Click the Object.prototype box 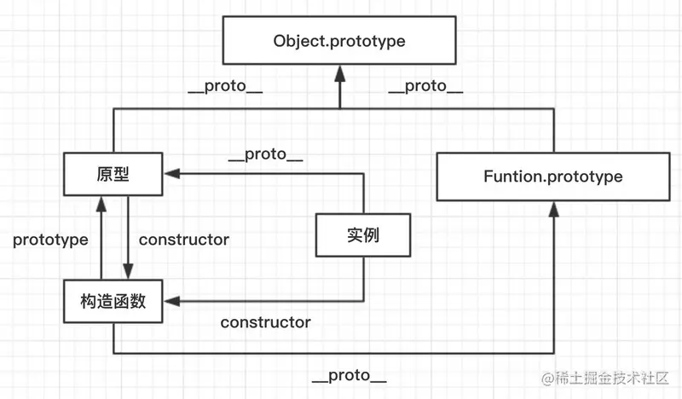[339, 42]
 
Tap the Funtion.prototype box [553, 177]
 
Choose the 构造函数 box [113, 302]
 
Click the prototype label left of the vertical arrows [50, 240]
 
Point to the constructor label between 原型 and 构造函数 [183, 240]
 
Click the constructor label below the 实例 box [265, 322]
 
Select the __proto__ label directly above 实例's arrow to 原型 [266, 155]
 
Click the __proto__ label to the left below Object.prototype [224, 87]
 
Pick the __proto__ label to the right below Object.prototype [425, 87]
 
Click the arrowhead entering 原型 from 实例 [170, 174]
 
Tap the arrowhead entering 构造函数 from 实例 [170, 301]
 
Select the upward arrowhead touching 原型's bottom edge [101, 200]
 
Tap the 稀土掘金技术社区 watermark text [614, 378]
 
